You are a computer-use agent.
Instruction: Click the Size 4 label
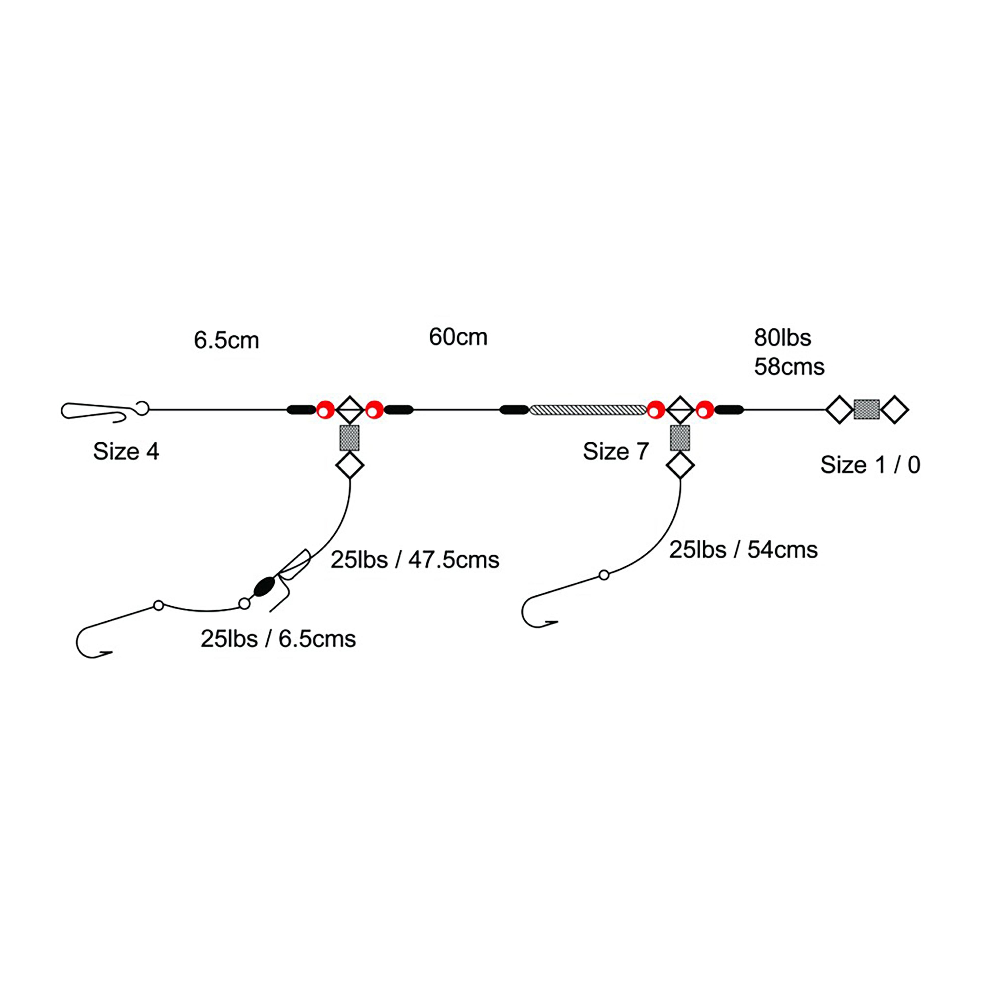coord(126,451)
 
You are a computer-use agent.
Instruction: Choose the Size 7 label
coord(615,451)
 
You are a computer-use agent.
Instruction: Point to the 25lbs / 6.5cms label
coord(278,639)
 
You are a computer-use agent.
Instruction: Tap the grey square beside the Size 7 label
coord(680,438)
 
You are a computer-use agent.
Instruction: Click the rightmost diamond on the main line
coord(895,410)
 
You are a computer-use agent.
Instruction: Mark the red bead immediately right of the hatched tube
coord(656,410)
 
